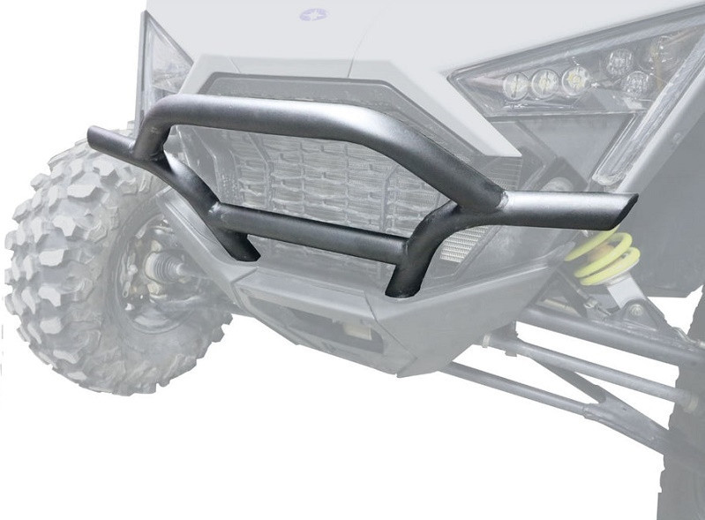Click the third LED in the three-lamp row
[x=574, y=79]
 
